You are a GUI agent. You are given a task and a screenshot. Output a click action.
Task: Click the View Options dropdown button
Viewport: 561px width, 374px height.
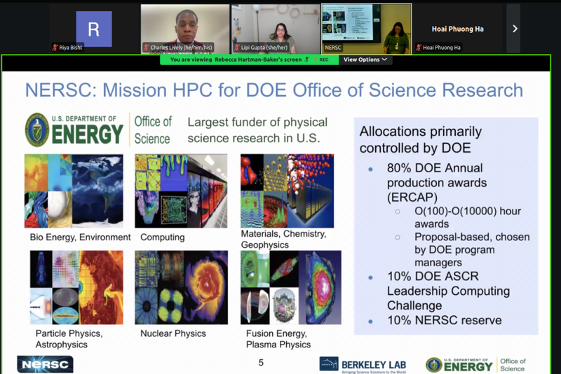365,60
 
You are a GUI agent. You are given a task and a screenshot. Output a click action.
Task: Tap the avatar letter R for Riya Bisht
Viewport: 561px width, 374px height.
93,29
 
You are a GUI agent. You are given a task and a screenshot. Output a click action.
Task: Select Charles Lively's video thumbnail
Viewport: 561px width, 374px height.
185,29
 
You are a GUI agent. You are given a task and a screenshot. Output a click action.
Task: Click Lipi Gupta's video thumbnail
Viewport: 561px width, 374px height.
276,29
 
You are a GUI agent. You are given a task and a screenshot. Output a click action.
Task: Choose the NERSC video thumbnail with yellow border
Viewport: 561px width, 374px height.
366,29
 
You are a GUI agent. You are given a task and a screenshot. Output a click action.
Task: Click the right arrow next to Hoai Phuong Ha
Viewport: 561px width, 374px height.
514,29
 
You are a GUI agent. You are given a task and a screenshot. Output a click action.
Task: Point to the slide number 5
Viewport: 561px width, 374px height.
262,362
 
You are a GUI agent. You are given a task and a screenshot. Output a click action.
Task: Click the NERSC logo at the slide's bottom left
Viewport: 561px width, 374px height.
45,364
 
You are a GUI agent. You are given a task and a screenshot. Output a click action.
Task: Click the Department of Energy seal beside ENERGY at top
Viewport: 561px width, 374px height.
37,130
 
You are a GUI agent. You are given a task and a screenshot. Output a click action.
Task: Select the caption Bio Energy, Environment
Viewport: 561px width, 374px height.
80,237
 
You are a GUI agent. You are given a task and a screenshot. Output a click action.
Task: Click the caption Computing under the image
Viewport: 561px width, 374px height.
162,237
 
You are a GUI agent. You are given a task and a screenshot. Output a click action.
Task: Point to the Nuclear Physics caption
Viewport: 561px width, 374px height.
174,334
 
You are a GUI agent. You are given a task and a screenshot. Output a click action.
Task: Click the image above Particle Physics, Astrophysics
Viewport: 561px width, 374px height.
76,287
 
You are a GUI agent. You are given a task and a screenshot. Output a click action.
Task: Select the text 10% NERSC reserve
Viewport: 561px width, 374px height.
444,320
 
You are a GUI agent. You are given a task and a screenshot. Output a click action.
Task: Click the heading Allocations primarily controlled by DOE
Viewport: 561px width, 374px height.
421,139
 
